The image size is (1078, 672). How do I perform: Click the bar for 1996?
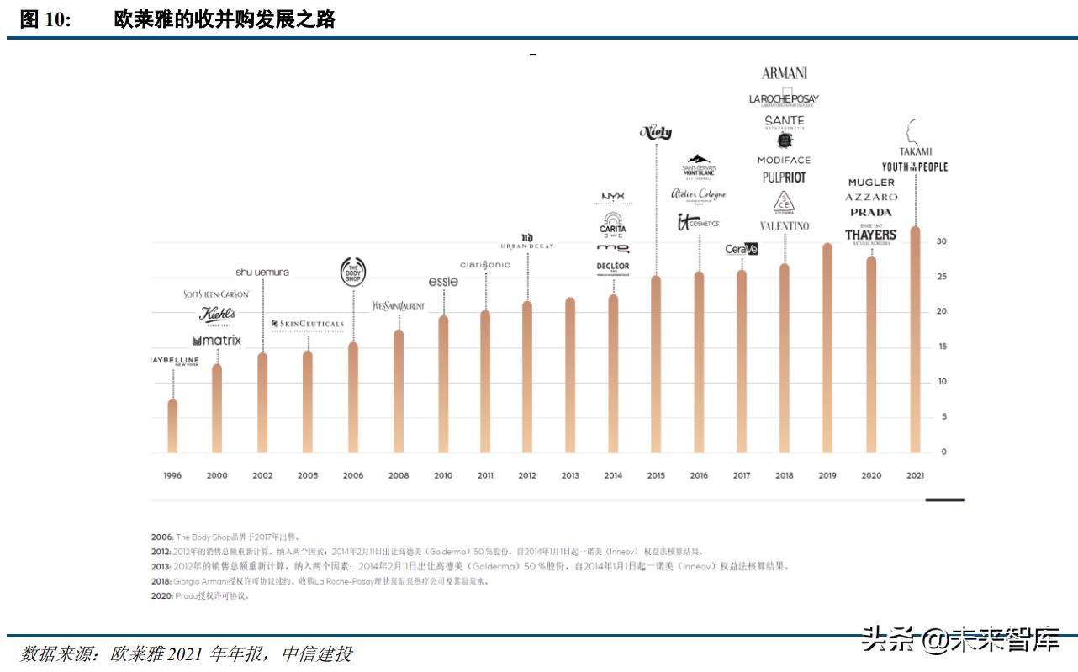172,426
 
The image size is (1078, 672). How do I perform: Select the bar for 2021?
915,340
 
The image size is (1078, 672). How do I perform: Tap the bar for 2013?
570,374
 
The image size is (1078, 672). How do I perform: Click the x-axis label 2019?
827,475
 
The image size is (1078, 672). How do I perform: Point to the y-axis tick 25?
942,277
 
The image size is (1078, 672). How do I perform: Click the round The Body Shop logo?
352,272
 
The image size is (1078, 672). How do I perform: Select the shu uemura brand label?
262,272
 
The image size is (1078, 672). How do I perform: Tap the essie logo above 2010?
443,282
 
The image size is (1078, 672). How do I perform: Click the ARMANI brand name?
784,73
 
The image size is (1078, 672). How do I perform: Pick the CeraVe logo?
742,249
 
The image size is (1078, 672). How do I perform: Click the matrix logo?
217,341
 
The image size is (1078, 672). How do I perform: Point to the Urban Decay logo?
527,242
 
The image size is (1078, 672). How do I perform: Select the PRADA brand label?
871,213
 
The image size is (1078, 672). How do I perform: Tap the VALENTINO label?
784,225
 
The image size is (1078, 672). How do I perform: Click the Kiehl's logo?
217,315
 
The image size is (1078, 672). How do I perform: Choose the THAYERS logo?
871,235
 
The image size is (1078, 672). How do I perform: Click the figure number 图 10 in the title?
45,19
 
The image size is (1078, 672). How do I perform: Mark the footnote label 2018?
162,581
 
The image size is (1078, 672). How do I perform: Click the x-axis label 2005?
308,475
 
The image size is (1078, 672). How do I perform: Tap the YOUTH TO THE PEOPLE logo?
915,167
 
